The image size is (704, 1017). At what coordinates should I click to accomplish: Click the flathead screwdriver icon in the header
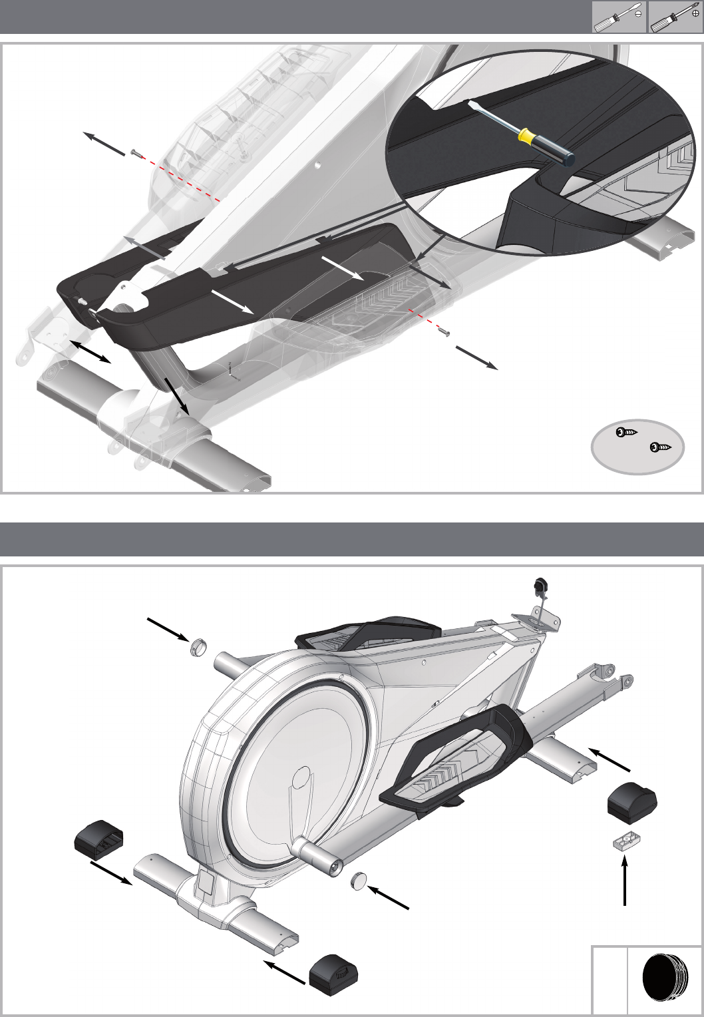(619, 17)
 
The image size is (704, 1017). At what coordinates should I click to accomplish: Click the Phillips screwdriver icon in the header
(675, 17)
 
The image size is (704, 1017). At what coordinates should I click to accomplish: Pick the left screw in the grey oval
(626, 433)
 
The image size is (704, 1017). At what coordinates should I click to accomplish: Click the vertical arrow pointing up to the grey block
(625, 880)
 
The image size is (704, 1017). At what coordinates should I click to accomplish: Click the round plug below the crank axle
(359, 881)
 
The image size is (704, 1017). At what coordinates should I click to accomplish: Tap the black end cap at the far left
(98, 837)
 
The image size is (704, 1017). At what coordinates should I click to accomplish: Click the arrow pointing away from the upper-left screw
(103, 143)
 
